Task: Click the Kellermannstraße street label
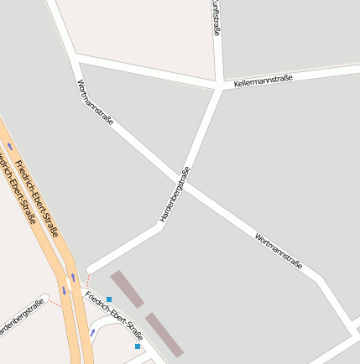point(263,80)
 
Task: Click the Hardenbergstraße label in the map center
point(175,194)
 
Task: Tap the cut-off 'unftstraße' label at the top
point(217,17)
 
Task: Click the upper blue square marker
point(109,299)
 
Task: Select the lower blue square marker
point(138,346)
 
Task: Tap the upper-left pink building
point(128,289)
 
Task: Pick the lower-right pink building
point(164,334)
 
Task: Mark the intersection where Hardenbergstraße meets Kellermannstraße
point(221,86)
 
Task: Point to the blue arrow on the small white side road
point(92,332)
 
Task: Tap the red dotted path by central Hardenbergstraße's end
point(86,279)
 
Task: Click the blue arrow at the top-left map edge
point(9,146)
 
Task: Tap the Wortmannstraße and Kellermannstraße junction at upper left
point(76,57)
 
